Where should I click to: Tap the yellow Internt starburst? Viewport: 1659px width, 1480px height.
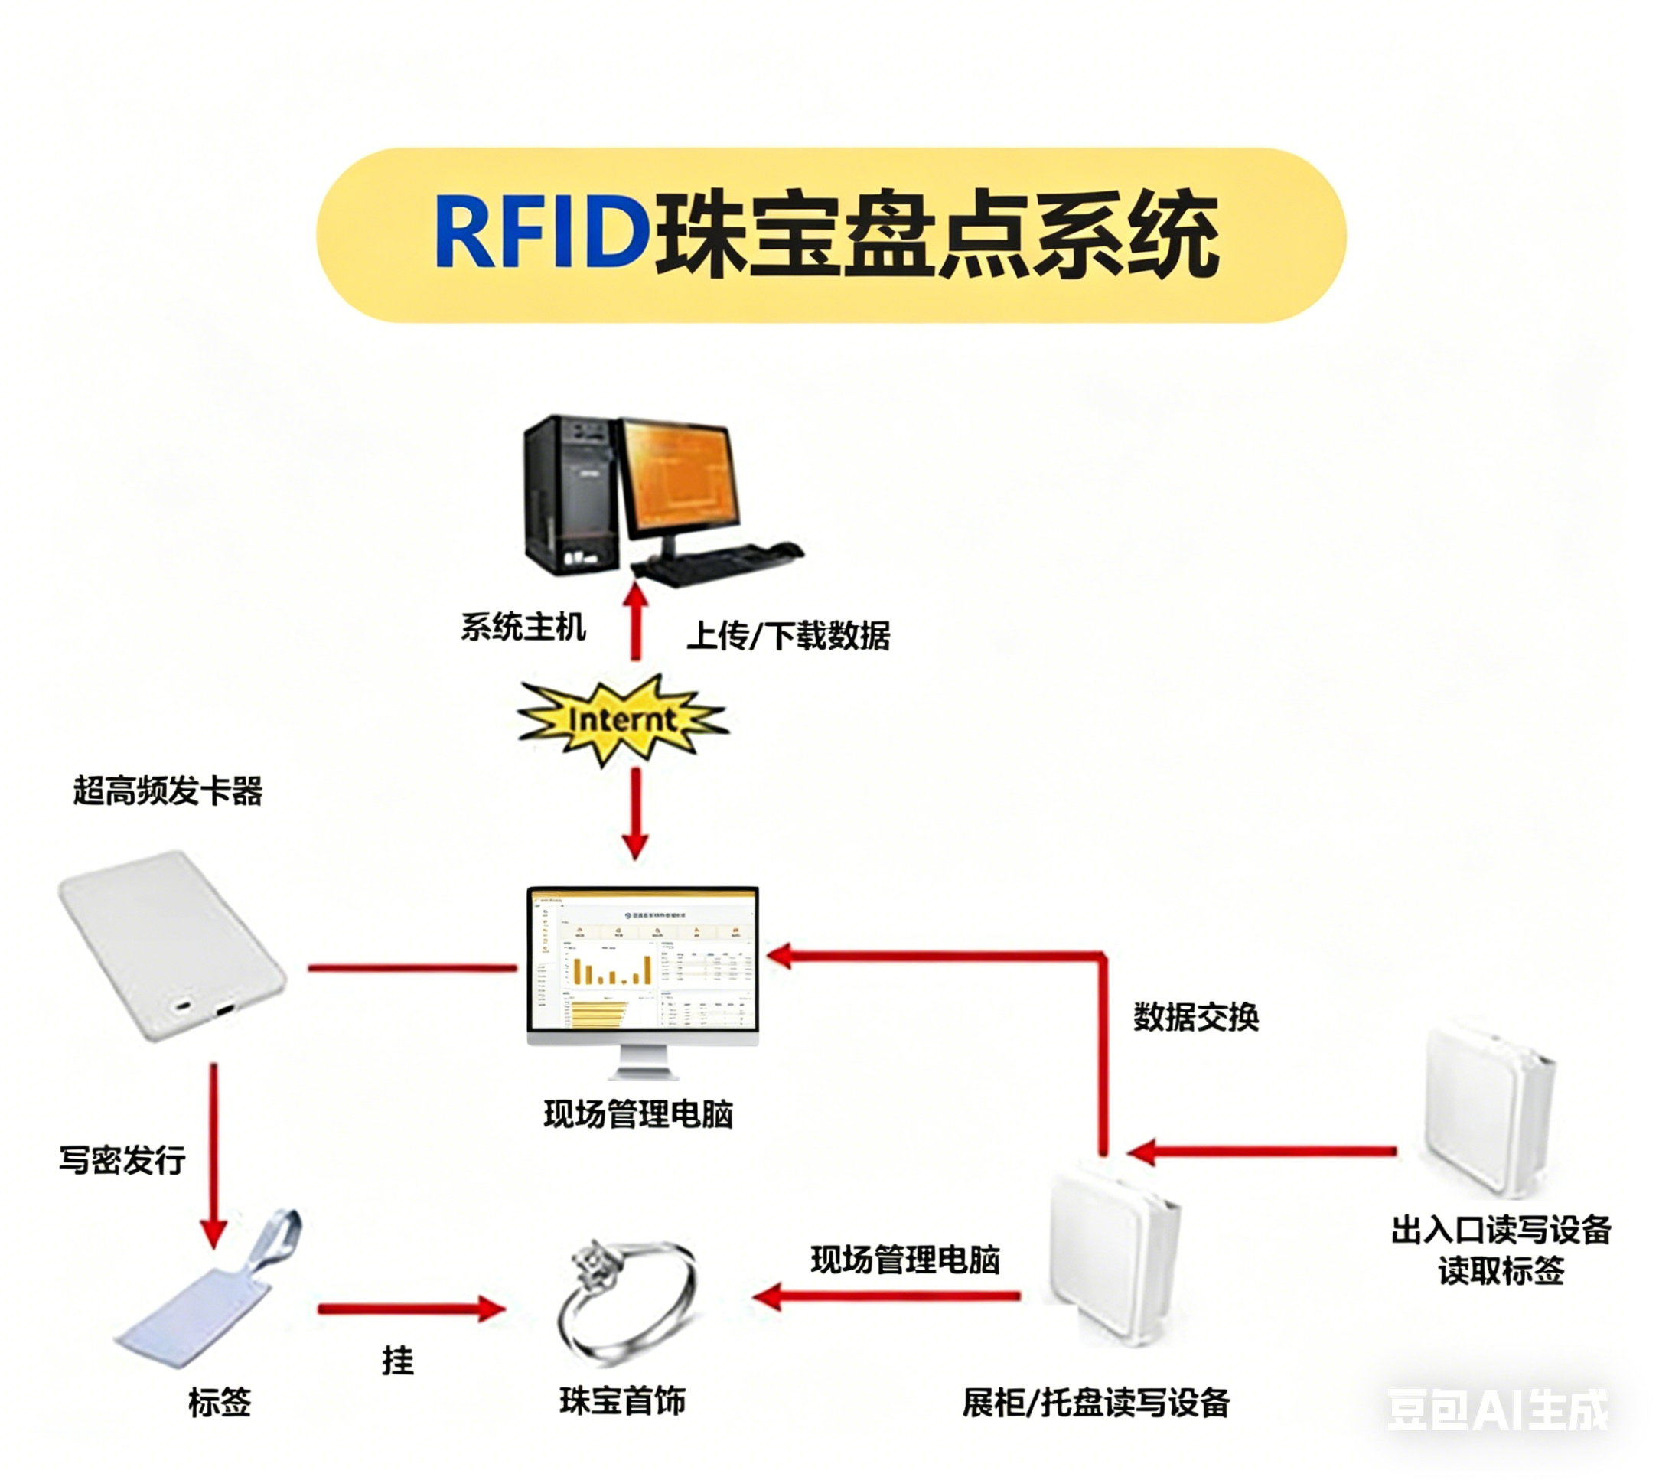coord(622,719)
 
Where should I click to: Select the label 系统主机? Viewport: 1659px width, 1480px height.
coord(523,627)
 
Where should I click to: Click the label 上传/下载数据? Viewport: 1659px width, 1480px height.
coord(788,635)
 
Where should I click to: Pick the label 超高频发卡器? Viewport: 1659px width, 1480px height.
coord(168,791)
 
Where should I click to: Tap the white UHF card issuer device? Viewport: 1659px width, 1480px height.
coord(171,945)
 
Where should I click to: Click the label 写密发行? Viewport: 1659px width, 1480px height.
coord(122,1159)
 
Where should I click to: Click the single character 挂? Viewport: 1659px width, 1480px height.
coord(398,1361)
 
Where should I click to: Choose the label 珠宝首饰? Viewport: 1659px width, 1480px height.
coord(623,1401)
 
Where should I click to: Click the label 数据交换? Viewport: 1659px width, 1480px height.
coord(1195,1016)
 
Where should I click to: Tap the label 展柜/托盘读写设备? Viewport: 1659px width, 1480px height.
coord(1096,1403)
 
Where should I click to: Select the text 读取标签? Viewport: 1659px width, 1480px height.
coord(1501,1271)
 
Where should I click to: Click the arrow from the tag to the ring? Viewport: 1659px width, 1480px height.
coord(412,1309)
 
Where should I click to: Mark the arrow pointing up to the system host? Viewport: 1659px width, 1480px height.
coord(636,621)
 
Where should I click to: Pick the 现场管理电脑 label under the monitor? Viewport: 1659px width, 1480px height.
coord(638,1114)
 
